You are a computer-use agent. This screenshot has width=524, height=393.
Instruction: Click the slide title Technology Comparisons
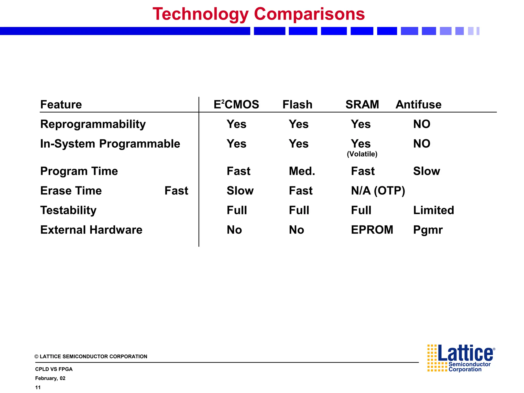[259, 14]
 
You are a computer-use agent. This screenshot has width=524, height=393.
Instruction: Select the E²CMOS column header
[236, 104]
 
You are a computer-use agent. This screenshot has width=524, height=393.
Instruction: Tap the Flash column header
[297, 104]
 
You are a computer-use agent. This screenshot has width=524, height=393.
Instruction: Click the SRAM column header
[362, 104]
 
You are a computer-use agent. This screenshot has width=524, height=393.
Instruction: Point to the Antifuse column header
[418, 104]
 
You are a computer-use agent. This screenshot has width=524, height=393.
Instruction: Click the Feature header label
[61, 104]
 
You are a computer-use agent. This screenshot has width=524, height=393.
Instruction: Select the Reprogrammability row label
[93, 124]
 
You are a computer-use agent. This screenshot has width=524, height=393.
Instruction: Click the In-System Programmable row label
[110, 144]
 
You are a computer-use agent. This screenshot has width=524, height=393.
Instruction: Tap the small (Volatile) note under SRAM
[362, 154]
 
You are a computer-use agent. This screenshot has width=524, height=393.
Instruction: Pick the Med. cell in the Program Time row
[302, 171]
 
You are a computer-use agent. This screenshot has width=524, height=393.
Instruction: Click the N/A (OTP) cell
[378, 191]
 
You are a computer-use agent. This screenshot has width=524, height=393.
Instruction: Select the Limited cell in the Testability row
[433, 210]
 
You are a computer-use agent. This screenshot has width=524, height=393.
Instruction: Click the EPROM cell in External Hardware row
[372, 230]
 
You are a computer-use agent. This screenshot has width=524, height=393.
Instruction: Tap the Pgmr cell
[428, 230]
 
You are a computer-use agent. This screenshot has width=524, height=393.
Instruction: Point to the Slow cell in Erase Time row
[240, 191]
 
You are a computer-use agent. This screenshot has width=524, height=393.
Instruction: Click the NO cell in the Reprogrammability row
[422, 124]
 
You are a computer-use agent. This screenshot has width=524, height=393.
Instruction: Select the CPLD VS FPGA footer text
[54, 369]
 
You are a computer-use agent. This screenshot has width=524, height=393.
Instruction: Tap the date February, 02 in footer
[50, 378]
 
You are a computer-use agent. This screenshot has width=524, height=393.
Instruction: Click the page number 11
[38, 387]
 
